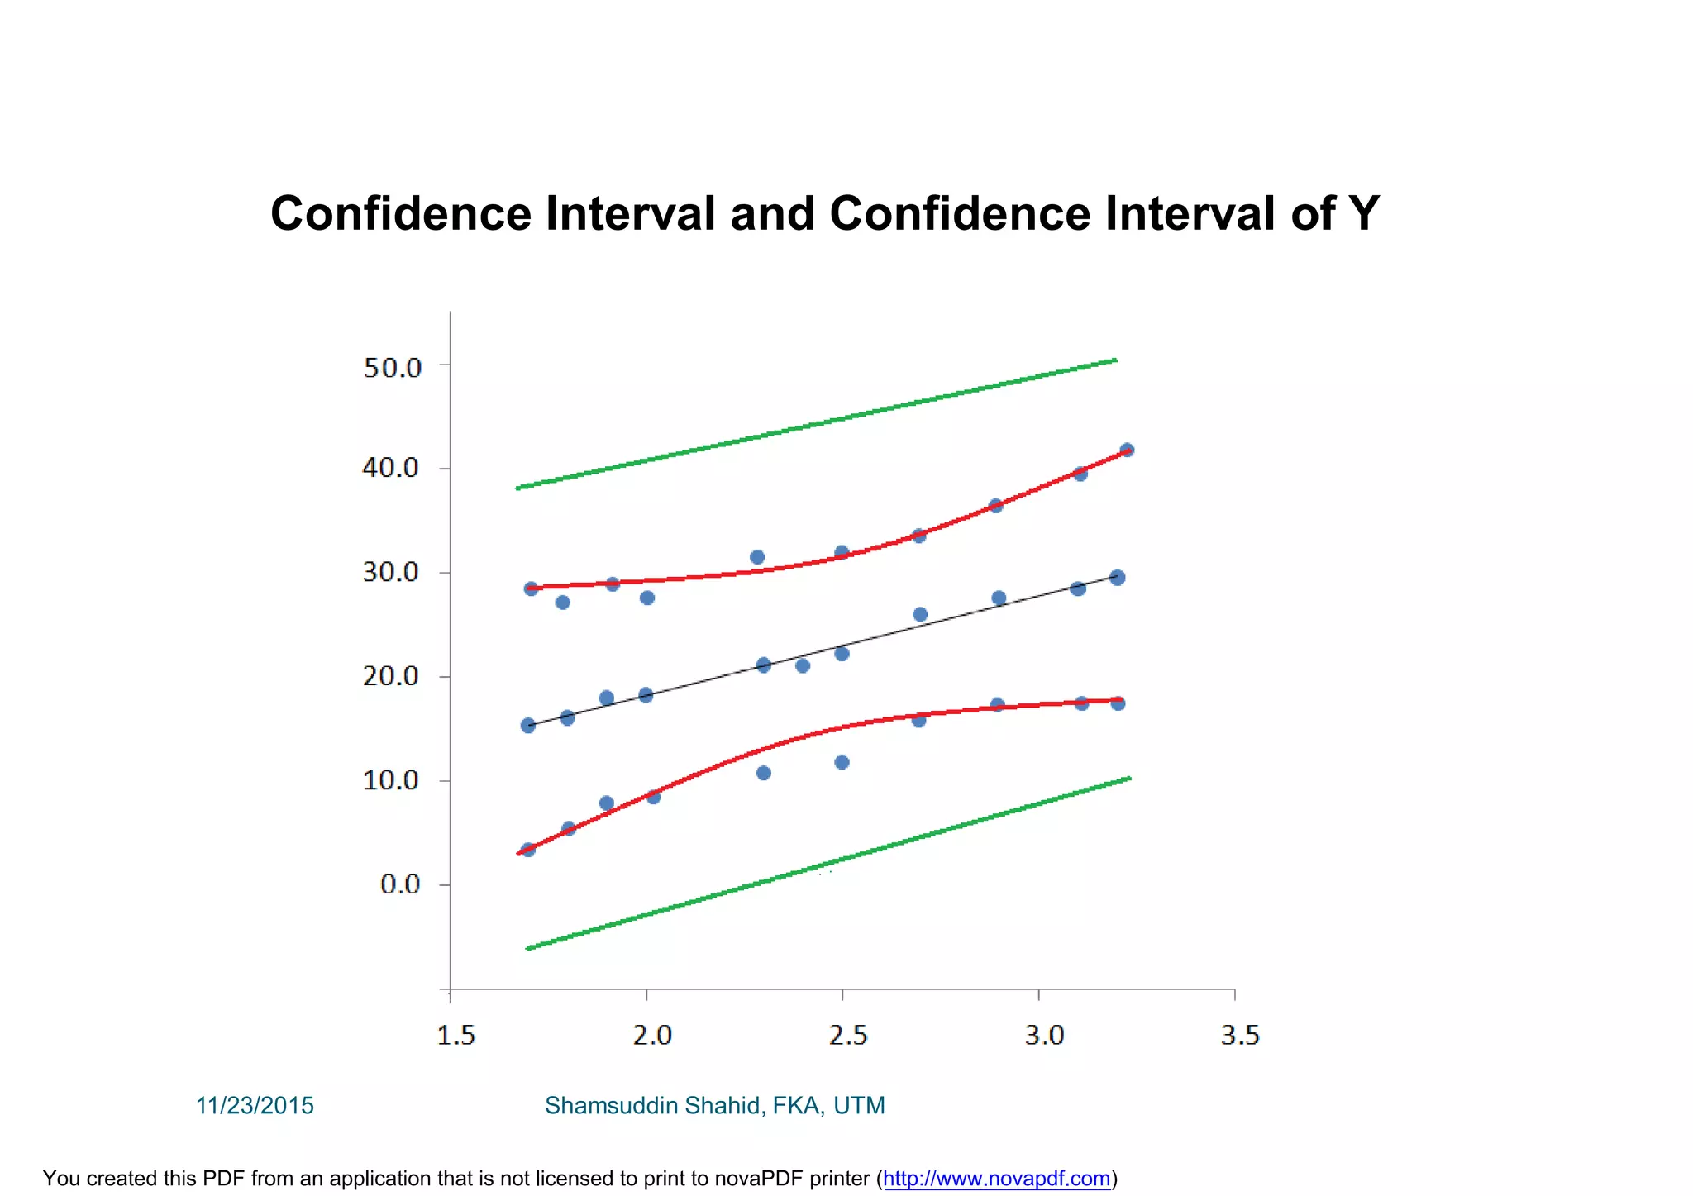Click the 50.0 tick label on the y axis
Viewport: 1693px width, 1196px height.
pos(393,368)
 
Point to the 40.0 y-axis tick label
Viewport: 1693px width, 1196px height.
pos(391,469)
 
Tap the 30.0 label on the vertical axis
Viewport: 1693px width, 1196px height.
pos(391,572)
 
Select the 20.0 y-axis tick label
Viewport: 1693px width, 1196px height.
pos(391,676)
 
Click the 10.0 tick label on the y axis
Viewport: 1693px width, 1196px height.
pos(391,780)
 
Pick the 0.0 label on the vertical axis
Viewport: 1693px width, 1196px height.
pos(400,885)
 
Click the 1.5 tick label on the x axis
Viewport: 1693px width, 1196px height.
pos(455,1036)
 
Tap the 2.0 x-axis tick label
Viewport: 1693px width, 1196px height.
pos(652,1036)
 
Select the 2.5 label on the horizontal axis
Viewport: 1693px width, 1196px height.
pos(848,1036)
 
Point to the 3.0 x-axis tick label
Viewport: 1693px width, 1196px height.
pos(1044,1036)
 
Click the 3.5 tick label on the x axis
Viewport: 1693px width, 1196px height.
pos(1240,1036)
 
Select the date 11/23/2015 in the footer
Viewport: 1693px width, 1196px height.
pos(255,1106)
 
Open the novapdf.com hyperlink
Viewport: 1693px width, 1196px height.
pos(996,1179)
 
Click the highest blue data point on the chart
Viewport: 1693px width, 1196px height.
pos(1127,450)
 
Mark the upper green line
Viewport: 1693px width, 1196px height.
pos(816,424)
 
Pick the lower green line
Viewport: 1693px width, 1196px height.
pos(827,864)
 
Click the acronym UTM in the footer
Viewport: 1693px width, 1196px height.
pos(859,1106)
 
